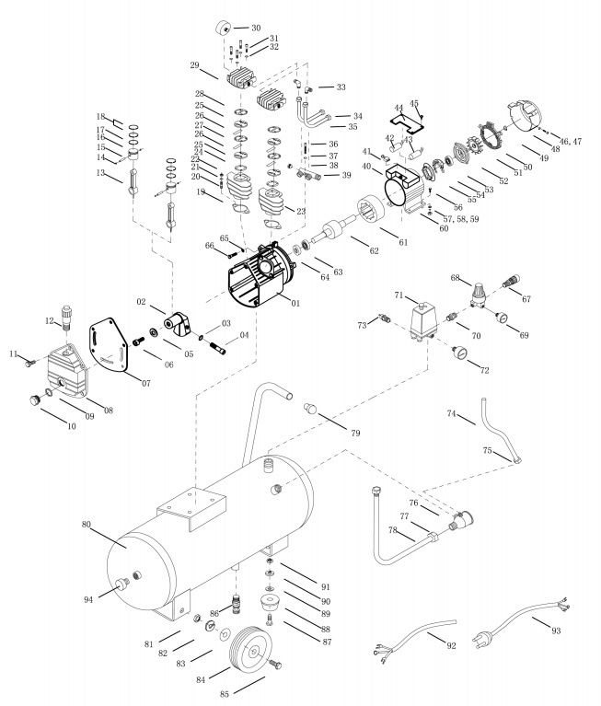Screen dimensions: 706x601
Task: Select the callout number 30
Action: pyautogui.click(x=256, y=28)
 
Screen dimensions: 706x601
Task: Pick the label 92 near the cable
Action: pyautogui.click(x=452, y=645)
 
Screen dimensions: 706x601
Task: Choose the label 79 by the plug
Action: pyautogui.click(x=353, y=432)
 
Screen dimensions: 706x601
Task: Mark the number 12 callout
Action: pyautogui.click(x=51, y=320)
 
